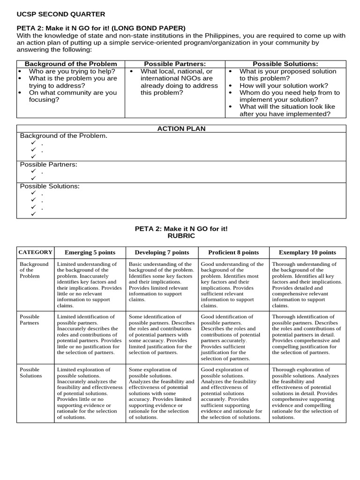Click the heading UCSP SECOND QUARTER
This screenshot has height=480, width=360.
coord(61,14)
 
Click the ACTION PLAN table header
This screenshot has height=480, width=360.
coord(181,128)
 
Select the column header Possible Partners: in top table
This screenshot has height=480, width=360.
coord(175,64)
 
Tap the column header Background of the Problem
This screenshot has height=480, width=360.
coord(71,64)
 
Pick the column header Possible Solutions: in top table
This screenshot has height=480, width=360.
coord(285,64)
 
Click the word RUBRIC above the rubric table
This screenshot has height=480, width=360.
coord(181,236)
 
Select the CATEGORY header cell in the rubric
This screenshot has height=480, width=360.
coord(35,252)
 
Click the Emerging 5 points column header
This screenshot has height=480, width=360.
coord(90,252)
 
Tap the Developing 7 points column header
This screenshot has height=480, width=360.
coord(162,252)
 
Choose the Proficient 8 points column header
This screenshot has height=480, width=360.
coord(233,252)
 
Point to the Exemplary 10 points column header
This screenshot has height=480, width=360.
coord(307,252)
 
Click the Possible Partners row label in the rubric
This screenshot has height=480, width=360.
coord(30,320)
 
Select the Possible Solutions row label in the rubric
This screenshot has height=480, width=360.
coord(30,373)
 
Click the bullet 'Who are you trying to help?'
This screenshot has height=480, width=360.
coord(72,71)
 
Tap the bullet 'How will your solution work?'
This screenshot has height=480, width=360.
coord(284,86)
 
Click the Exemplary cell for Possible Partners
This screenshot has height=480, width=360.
coord(307,335)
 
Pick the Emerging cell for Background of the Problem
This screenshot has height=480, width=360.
coord(90,285)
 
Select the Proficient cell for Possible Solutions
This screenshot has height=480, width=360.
coord(233,393)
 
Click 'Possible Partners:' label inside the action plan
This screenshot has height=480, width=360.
coord(48,165)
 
